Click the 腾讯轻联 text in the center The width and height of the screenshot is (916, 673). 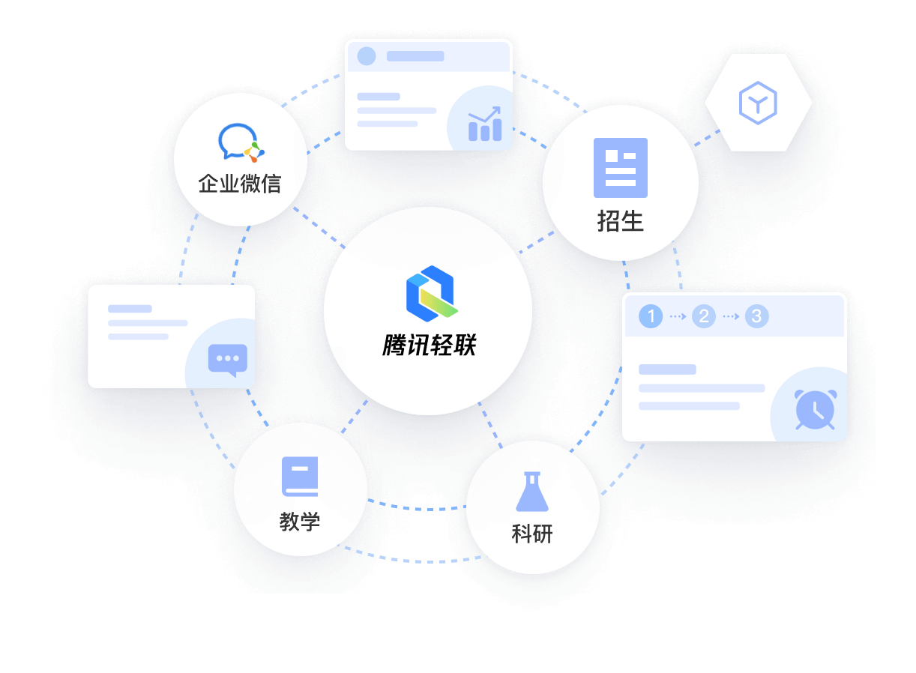[430, 345]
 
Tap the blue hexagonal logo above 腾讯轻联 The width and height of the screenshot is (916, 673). [432, 294]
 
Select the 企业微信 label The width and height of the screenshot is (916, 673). [240, 184]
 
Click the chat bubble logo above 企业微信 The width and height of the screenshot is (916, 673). [241, 142]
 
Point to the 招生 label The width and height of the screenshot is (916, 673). [621, 221]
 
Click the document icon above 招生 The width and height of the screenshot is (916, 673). [621, 168]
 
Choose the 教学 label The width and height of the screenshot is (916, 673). [300, 522]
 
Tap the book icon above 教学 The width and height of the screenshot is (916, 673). [300, 477]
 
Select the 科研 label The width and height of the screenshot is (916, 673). [532, 534]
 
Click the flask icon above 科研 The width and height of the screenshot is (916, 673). [532, 492]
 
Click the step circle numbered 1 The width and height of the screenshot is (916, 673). [651, 316]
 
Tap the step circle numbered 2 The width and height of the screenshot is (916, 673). [703, 316]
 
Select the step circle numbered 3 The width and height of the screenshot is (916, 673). [756, 316]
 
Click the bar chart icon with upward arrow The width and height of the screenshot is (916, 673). [485, 124]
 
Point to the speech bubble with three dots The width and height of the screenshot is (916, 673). [228, 360]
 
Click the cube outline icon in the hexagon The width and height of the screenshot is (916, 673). [758, 103]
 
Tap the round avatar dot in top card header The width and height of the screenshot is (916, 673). [367, 56]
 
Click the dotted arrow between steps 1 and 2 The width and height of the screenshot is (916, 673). [678, 316]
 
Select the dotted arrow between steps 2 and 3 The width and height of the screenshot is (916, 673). [731, 316]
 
